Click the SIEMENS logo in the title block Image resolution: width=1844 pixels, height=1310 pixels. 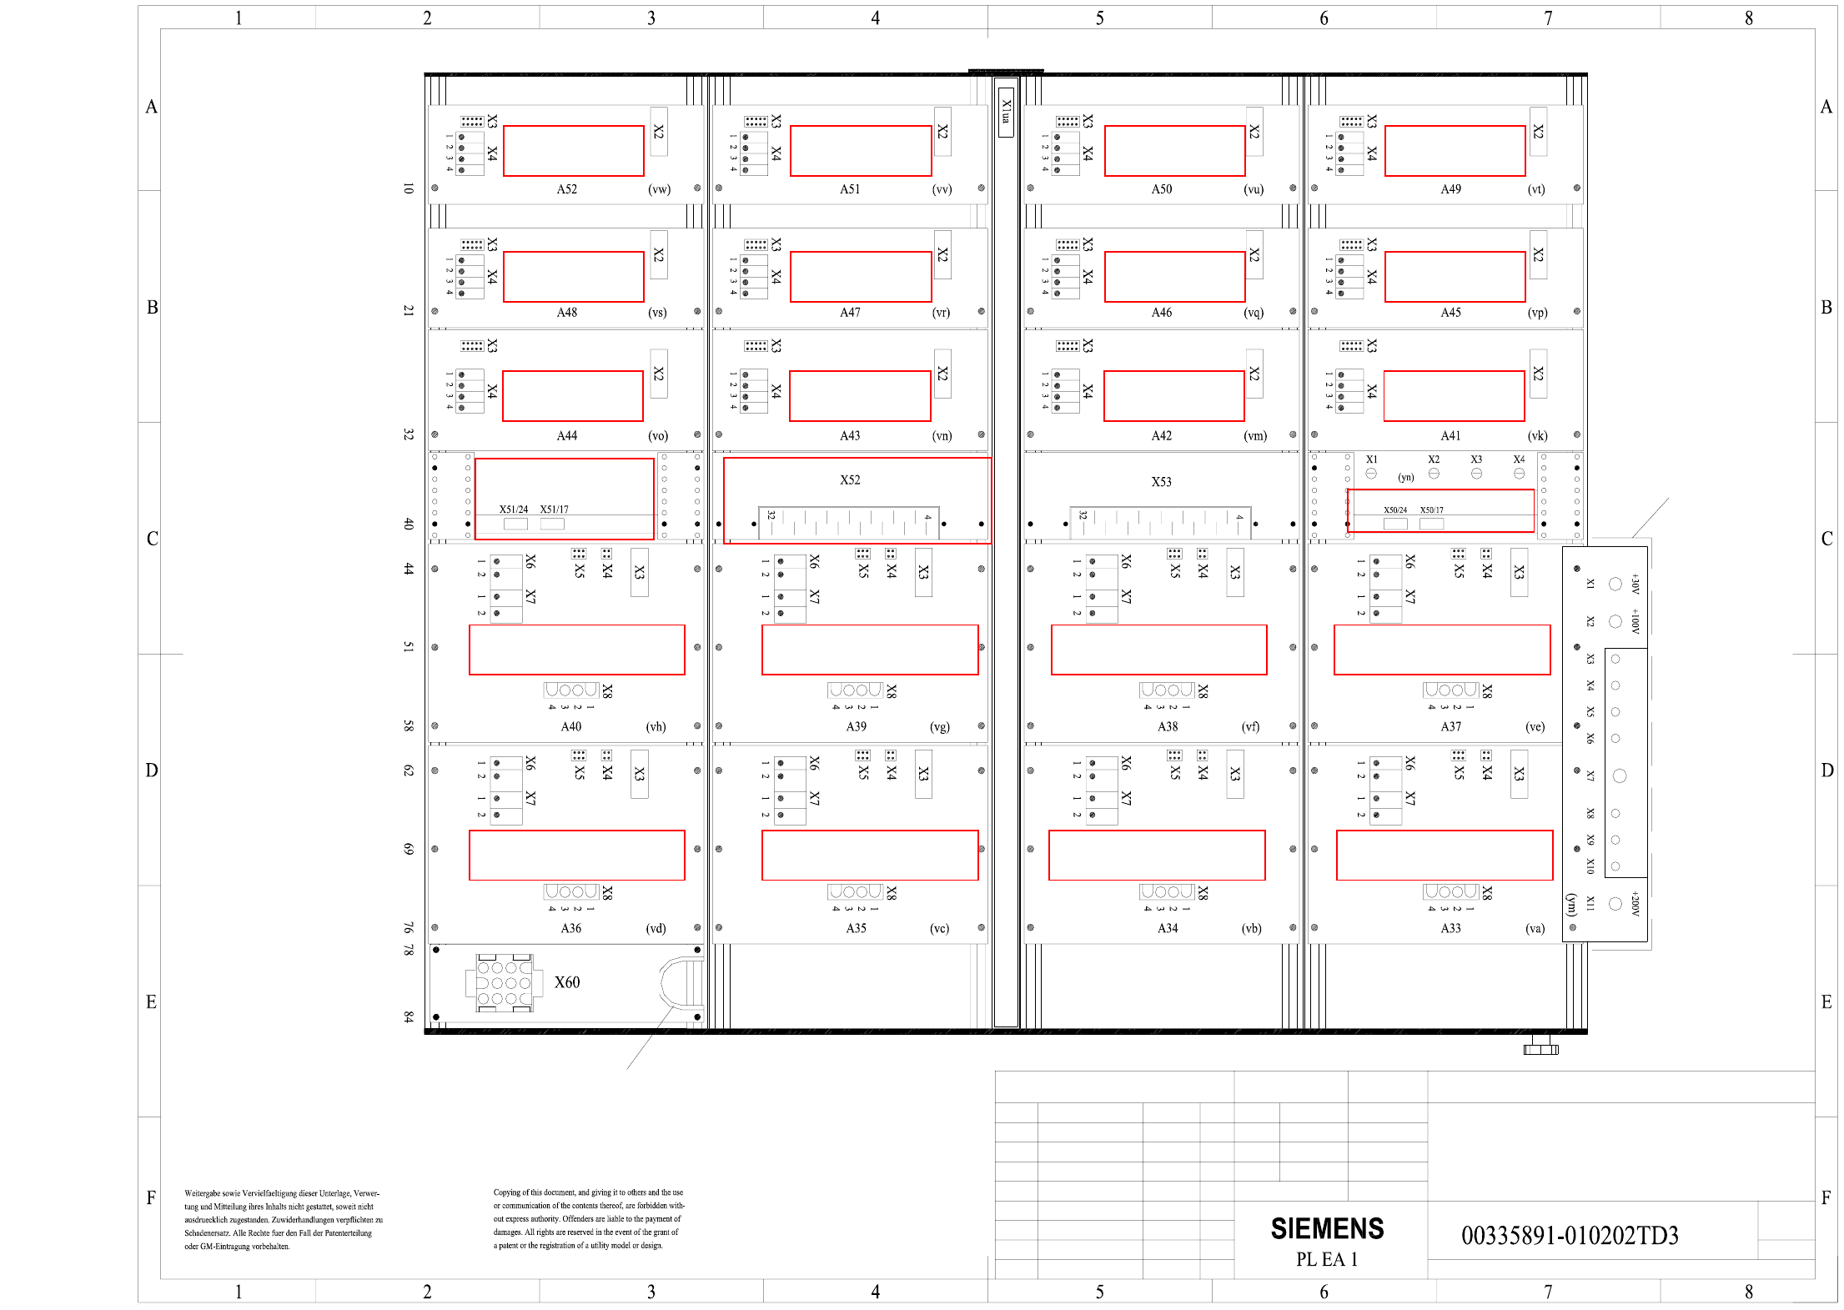click(1326, 1228)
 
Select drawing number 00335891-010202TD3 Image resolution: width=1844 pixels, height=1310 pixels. click(1569, 1235)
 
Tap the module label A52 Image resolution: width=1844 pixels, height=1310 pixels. click(566, 189)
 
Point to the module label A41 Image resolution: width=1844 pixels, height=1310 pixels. click(1450, 435)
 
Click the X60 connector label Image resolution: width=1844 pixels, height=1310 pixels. click(567, 982)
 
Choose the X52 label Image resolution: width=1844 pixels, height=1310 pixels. click(850, 479)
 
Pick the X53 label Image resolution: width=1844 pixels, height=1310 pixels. click(1161, 482)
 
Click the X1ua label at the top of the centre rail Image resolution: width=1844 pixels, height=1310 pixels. click(1006, 112)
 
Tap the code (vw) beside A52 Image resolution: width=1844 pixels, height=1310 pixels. click(659, 189)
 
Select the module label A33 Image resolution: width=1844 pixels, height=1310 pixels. click(1450, 928)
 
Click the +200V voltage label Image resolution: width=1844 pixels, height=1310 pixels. click(1635, 904)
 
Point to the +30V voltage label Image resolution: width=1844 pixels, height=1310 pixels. click(1635, 583)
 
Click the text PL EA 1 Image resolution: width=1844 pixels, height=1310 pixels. click(1326, 1259)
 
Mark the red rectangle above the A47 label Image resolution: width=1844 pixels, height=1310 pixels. click(860, 277)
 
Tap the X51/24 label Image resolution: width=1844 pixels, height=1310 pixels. click(513, 509)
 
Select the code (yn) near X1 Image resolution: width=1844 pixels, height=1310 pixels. click(1406, 478)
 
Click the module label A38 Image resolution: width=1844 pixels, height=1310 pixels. click(1168, 726)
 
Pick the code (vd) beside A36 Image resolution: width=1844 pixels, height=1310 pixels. click(656, 928)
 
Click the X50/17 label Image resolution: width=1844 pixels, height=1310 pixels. click(1431, 510)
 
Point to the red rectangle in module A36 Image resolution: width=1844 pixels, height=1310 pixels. click(576, 855)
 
